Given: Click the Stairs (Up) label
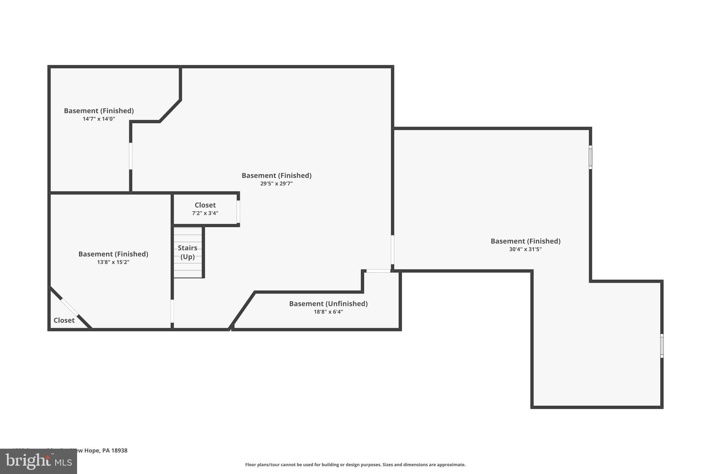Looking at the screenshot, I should click(187, 252).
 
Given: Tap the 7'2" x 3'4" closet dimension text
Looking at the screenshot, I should click(205, 213).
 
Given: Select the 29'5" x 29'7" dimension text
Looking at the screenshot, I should click(276, 184).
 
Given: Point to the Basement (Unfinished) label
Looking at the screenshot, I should click(328, 303).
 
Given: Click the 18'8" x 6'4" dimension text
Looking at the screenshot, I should click(328, 312).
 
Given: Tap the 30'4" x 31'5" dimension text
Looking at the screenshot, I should click(525, 249).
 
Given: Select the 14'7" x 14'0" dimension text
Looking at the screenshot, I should click(99, 119).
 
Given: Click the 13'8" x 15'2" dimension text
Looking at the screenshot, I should click(113, 262).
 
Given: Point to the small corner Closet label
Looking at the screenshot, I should click(64, 320).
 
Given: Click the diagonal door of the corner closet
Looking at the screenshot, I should click(70, 307).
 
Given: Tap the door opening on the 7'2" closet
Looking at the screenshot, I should click(238, 211).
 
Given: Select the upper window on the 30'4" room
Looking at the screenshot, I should click(590, 157).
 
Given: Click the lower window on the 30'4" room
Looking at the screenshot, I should click(662, 346).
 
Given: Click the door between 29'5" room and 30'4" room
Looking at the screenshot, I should click(392, 250).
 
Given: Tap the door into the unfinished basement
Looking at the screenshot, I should click(378, 271).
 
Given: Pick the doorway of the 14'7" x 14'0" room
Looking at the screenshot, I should click(131, 156).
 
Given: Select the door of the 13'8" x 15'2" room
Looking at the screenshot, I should click(172, 311).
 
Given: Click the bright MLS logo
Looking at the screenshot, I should click(38, 461).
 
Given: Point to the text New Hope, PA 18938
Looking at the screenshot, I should click(99, 450).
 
